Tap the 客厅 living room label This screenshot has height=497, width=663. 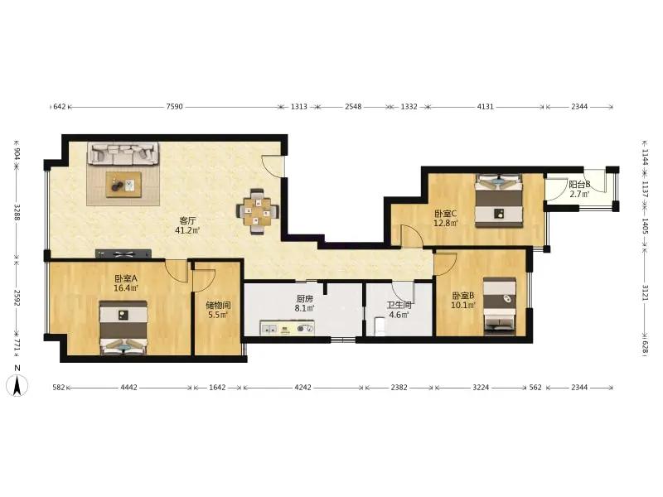click(x=187, y=220)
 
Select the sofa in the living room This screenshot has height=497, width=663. click(x=123, y=153)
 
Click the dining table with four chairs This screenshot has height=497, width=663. click(x=257, y=211)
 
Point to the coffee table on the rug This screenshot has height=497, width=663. click(x=123, y=184)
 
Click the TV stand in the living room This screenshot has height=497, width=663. click(x=123, y=254)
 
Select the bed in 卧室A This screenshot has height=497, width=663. click(x=123, y=327)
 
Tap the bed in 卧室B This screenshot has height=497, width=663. click(x=500, y=306)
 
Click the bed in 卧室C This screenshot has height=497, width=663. click(x=499, y=200)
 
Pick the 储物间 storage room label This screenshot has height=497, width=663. click(x=218, y=305)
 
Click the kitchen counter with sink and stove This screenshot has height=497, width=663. click(x=287, y=327)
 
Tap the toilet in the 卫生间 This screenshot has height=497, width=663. click(x=380, y=327)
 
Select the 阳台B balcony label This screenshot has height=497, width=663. click(x=579, y=185)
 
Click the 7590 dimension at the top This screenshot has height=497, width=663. click(x=174, y=107)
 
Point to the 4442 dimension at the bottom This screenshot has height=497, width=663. click(x=129, y=387)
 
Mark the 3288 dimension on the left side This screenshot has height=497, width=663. click(x=17, y=212)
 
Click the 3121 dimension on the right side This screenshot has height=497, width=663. click(x=646, y=292)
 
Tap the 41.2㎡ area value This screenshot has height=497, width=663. click(x=187, y=230)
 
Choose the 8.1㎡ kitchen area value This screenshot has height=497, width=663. click(x=304, y=308)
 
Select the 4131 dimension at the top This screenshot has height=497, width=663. click(x=486, y=107)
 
